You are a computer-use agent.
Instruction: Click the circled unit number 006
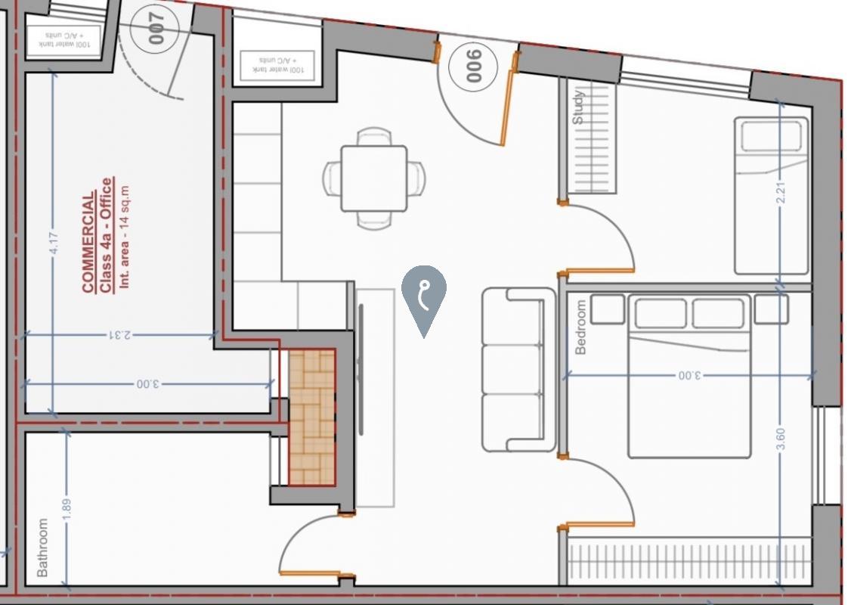pos(474,66)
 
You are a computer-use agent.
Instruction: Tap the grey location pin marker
pos(424,295)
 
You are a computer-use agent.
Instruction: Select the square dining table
pos(373,178)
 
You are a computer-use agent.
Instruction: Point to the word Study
pos(578,107)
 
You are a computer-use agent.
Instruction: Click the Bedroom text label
pos(580,327)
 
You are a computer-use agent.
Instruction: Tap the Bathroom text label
pos(42,548)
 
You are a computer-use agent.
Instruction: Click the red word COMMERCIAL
pos(88,242)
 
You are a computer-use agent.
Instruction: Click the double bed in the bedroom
pos(689,378)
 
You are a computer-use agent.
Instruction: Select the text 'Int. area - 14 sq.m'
pos(125,238)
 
